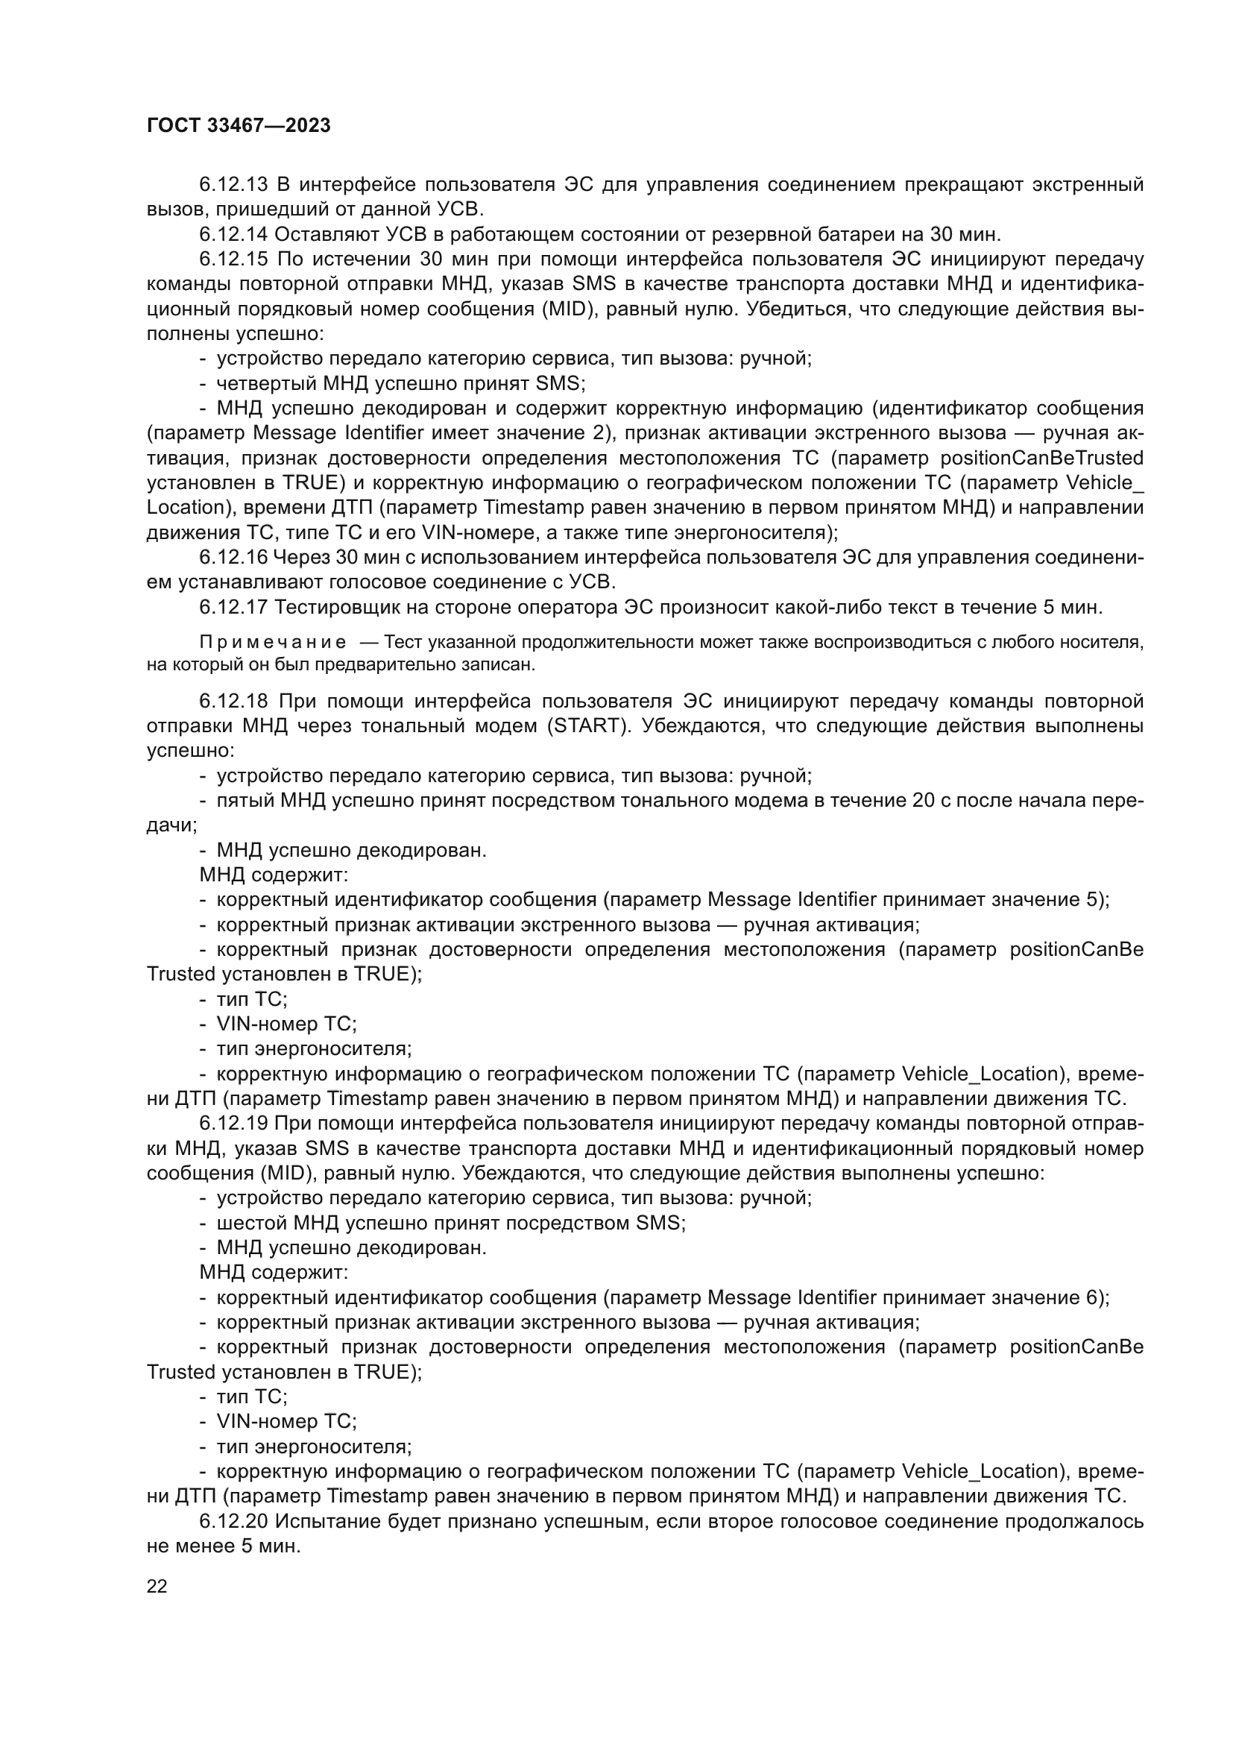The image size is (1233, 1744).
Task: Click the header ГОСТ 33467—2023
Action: (239, 126)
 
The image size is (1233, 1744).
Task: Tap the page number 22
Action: (157, 1586)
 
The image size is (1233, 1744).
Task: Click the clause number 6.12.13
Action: (233, 185)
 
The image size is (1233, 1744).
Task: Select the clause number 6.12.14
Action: (233, 234)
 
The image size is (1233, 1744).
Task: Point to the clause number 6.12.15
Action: (233, 259)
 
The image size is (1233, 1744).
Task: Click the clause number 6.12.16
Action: (233, 558)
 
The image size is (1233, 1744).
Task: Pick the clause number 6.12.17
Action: (233, 607)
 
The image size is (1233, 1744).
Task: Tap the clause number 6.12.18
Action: (233, 700)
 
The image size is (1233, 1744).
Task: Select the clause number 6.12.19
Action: (233, 1124)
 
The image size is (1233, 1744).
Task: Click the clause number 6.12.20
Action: (233, 1522)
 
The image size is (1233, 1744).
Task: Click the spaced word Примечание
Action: (273, 643)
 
